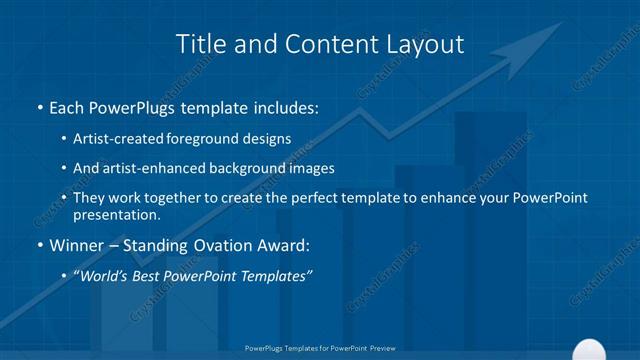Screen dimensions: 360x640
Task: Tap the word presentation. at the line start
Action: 116,214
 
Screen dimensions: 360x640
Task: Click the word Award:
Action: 285,244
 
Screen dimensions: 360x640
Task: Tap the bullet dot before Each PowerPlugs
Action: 39,107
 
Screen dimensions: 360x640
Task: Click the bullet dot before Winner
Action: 39,245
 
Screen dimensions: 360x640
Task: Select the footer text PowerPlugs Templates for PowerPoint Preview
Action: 319,348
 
